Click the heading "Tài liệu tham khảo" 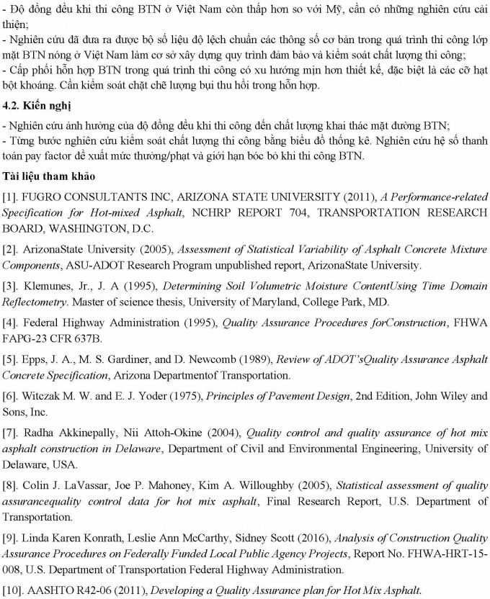pyautogui.click(x=47, y=176)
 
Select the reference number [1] pyautogui.click(x=9, y=197)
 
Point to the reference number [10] pyautogui.click(x=12, y=590)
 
